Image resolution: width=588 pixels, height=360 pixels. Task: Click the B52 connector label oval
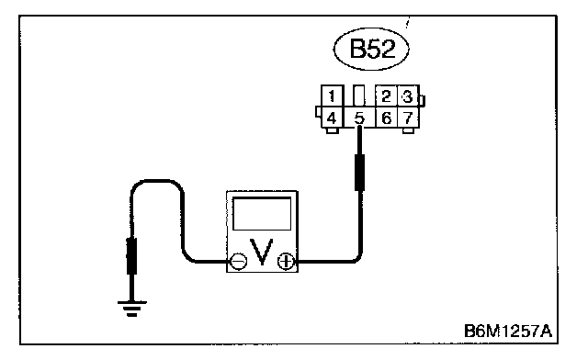pyautogui.click(x=371, y=49)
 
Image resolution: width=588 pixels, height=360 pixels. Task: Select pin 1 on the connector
pyautogui.click(x=332, y=96)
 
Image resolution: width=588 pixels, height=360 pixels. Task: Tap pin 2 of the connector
pyautogui.click(x=386, y=96)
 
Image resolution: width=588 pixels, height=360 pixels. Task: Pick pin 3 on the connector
pyautogui.click(x=408, y=96)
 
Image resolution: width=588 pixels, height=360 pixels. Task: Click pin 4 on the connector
pyautogui.click(x=332, y=118)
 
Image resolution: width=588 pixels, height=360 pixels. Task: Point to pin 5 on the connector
pyautogui.click(x=359, y=118)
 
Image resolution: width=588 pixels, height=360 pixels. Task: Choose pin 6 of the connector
pyautogui.click(x=386, y=118)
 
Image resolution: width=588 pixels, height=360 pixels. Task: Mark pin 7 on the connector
pyautogui.click(x=408, y=118)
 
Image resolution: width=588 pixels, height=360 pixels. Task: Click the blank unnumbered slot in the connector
pyautogui.click(x=359, y=96)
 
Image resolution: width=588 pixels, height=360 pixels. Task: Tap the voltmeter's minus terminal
pyautogui.click(x=238, y=261)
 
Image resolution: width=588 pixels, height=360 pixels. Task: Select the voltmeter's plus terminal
pyautogui.click(x=286, y=261)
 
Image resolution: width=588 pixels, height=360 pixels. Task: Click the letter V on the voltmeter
pyautogui.click(x=262, y=252)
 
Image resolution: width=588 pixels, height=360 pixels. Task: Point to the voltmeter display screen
pyautogui.click(x=262, y=213)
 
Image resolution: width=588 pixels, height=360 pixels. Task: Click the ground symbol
pyautogui.click(x=131, y=309)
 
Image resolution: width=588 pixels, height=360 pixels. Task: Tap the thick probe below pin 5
pyautogui.click(x=359, y=173)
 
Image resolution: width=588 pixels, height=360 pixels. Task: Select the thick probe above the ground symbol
pyautogui.click(x=131, y=256)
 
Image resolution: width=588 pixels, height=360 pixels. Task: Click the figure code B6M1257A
pyautogui.click(x=508, y=331)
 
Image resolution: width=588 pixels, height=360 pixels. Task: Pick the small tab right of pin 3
pyautogui.click(x=422, y=100)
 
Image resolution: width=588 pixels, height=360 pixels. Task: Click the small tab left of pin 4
pyautogui.click(x=318, y=112)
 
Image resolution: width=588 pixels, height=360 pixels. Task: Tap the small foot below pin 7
pyautogui.click(x=408, y=131)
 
